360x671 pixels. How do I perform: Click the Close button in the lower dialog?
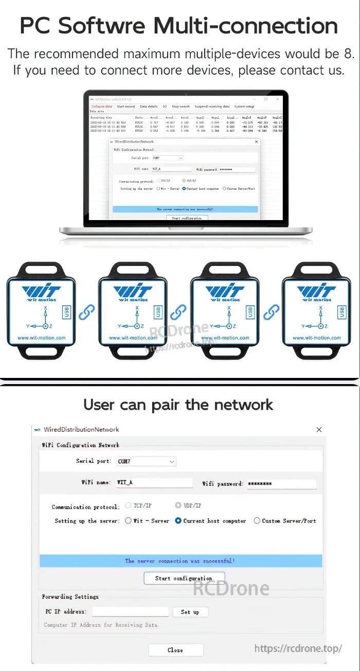point(175,650)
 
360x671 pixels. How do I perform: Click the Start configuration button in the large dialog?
point(184,578)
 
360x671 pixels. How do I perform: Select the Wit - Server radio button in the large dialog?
point(129,521)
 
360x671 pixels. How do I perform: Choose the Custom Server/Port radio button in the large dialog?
point(257,521)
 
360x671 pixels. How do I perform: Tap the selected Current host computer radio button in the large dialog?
point(178,521)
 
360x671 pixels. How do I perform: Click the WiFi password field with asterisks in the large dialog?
point(281,483)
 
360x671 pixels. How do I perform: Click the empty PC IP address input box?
point(130,612)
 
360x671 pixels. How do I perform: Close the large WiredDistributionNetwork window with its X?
point(319,429)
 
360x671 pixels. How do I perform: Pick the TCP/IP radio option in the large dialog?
point(129,505)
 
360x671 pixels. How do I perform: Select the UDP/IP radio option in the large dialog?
point(178,505)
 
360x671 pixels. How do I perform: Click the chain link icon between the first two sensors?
point(86,312)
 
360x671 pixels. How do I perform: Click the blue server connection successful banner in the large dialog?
point(181,560)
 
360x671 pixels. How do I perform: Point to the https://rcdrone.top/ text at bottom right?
point(298,648)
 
